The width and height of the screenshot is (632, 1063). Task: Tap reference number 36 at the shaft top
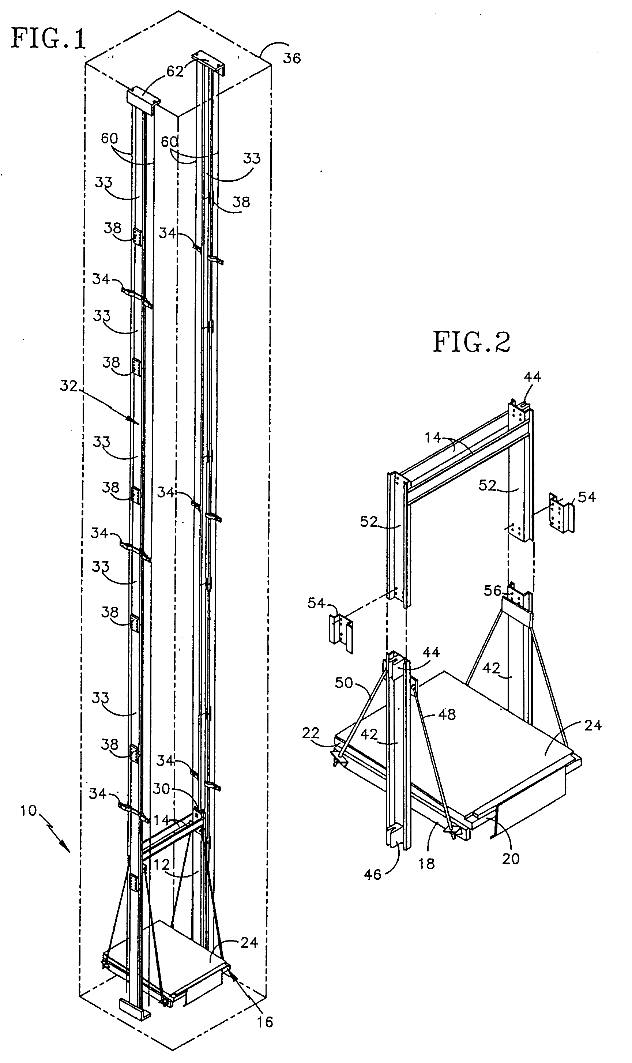(x=292, y=58)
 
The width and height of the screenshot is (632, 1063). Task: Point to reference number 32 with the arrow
(x=68, y=386)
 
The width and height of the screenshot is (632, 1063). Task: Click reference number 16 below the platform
(x=264, y=1021)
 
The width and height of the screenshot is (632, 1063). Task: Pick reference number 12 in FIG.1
(x=161, y=864)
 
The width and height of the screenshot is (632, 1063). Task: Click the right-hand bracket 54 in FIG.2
(x=562, y=514)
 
